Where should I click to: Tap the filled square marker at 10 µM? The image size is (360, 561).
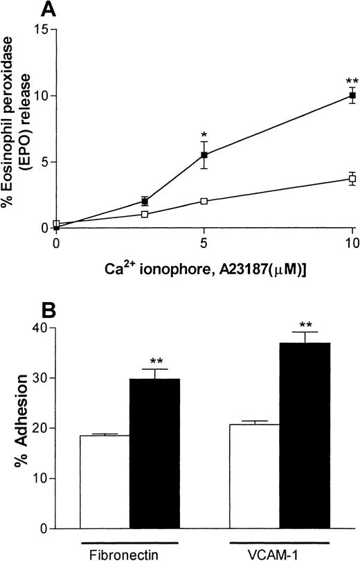point(352,95)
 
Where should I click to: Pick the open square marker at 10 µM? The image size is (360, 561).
point(352,179)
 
